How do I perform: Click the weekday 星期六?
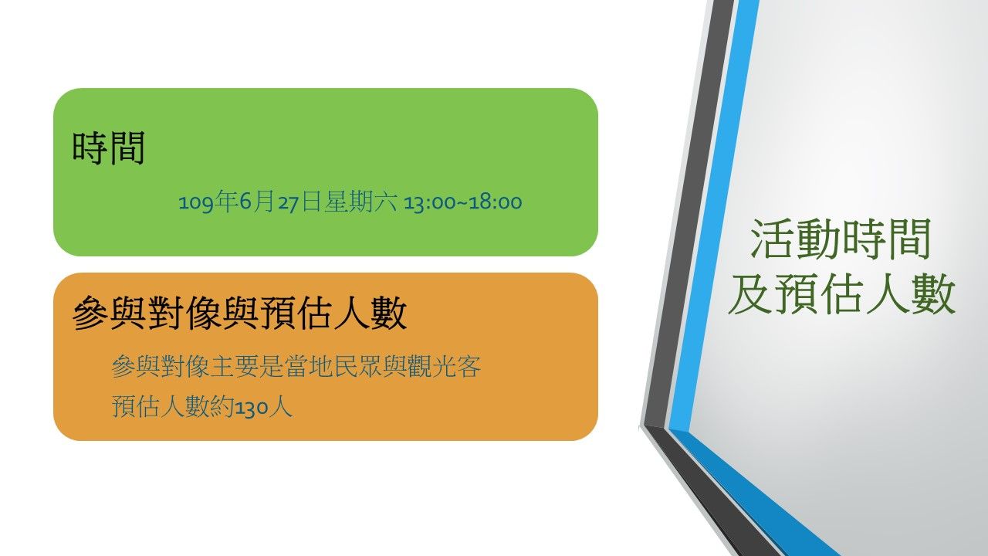point(360,202)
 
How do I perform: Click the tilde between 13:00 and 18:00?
point(462,203)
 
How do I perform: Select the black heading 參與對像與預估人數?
point(239,313)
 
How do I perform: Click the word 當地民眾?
point(333,366)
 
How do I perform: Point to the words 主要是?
point(247,366)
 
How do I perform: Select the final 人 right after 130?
point(280,406)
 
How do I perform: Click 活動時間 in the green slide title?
point(841,239)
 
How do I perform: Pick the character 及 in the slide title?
point(749,293)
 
